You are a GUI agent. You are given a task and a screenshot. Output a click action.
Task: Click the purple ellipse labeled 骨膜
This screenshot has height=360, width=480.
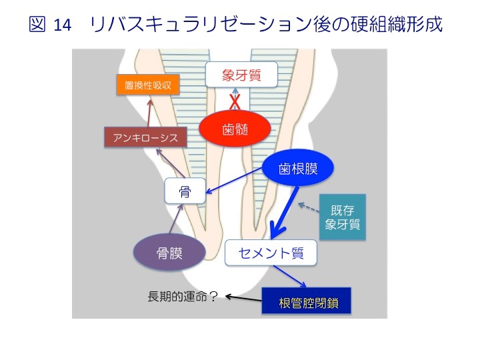coord(170,253)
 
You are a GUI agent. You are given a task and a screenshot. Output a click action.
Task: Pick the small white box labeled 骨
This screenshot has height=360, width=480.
coord(185,192)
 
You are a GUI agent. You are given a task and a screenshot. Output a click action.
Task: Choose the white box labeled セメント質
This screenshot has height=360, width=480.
coord(270,253)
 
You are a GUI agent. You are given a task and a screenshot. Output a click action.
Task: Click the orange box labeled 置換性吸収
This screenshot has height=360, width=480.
coord(148,86)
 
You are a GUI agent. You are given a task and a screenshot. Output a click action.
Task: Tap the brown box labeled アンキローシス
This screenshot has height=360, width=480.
coord(146,138)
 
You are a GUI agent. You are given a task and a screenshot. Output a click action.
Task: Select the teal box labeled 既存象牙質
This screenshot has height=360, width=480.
coord(343,217)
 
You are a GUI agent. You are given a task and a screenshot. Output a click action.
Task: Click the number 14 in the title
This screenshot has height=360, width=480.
coord(61,25)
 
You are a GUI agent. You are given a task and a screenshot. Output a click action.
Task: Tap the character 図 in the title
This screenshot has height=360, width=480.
coord(37,25)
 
